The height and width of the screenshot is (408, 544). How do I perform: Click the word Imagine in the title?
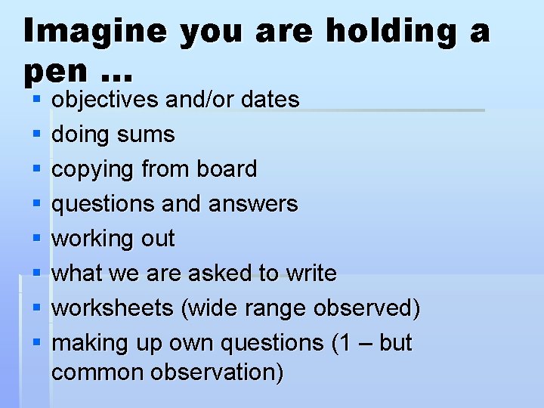(94, 32)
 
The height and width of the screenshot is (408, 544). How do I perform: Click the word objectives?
(105, 100)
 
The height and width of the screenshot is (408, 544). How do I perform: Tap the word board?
(227, 168)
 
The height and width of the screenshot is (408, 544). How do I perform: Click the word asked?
(217, 273)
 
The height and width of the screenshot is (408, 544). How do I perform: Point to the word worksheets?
(101, 308)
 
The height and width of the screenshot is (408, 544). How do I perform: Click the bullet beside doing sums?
(36, 135)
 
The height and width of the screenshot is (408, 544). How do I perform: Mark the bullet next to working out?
(36, 239)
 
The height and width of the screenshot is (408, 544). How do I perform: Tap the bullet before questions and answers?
(36, 204)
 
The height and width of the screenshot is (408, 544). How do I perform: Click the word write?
(311, 273)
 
